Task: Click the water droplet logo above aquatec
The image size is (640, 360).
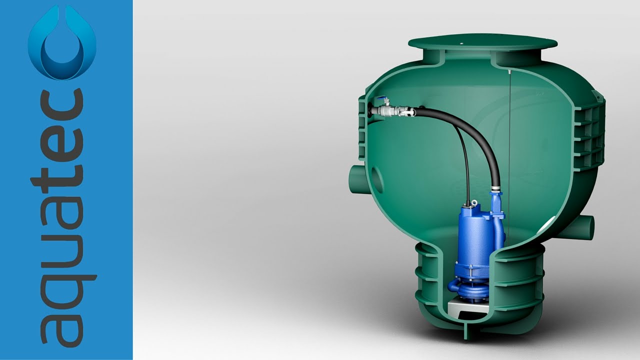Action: point(62,43)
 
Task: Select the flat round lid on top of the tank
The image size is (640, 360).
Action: point(482,42)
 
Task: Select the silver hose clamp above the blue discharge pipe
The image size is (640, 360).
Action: point(495,189)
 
